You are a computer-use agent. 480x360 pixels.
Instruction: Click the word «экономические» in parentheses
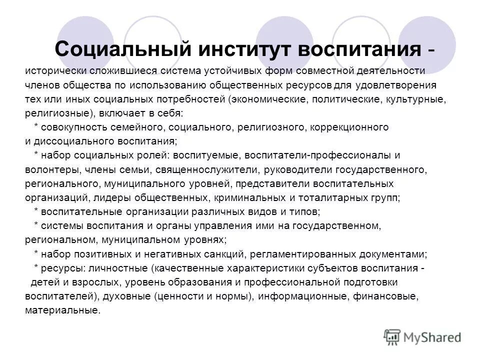266,99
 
